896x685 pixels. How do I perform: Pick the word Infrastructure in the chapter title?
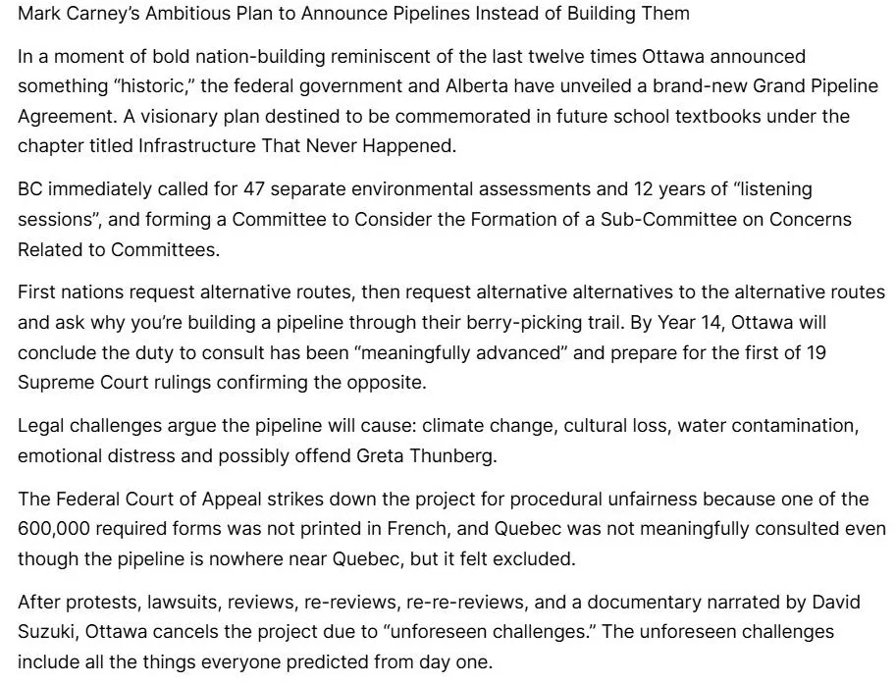coord(196,146)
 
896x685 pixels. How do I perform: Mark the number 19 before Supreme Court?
coord(816,351)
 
